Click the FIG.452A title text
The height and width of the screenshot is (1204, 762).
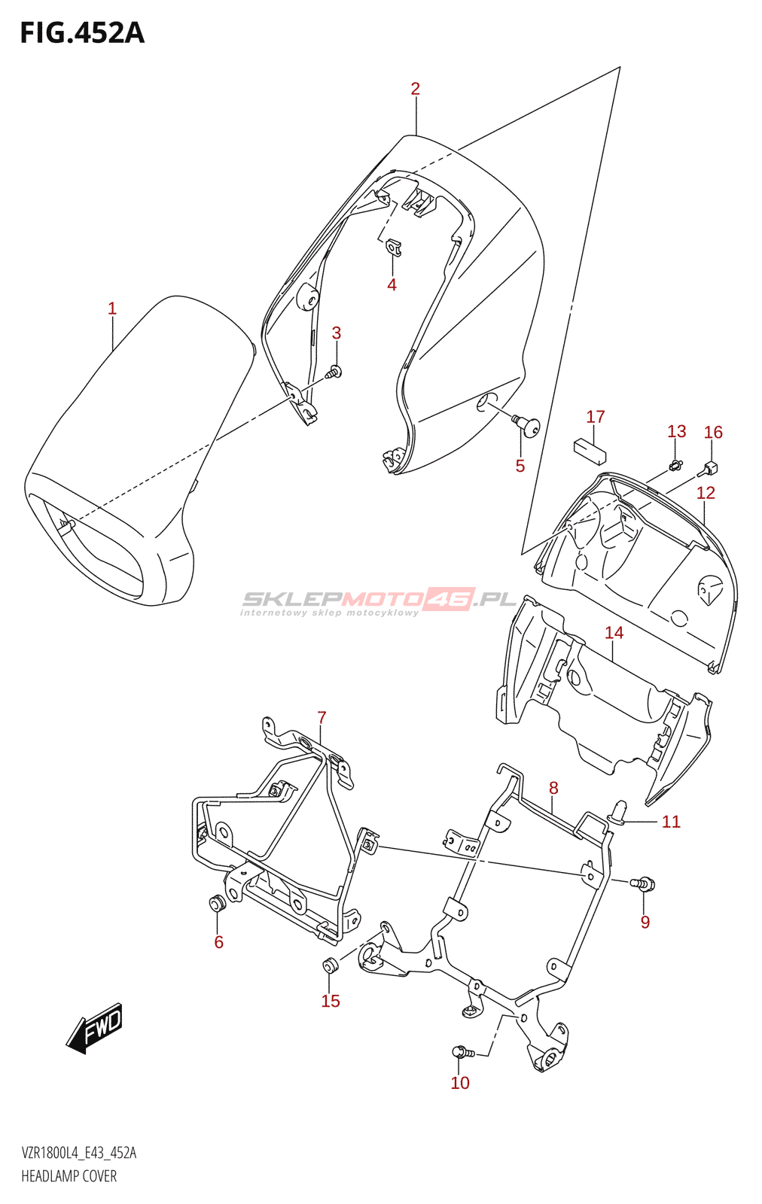(x=81, y=33)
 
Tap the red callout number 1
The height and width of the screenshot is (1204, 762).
(x=112, y=309)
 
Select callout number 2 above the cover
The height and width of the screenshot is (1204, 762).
(x=415, y=89)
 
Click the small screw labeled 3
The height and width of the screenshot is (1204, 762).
(x=334, y=371)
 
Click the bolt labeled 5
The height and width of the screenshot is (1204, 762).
(x=528, y=425)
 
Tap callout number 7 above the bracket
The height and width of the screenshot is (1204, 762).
(x=322, y=717)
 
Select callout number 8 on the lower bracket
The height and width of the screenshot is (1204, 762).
(x=553, y=788)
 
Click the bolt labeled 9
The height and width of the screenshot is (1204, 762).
(x=645, y=883)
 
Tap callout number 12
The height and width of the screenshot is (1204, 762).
(x=706, y=493)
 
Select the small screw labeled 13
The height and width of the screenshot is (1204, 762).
(x=675, y=464)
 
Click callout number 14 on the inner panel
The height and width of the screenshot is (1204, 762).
(x=614, y=633)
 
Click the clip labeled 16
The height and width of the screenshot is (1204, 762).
(x=710, y=469)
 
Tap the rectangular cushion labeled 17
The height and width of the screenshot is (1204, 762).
(x=590, y=449)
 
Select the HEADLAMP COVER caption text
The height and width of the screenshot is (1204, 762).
(x=69, y=1176)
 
